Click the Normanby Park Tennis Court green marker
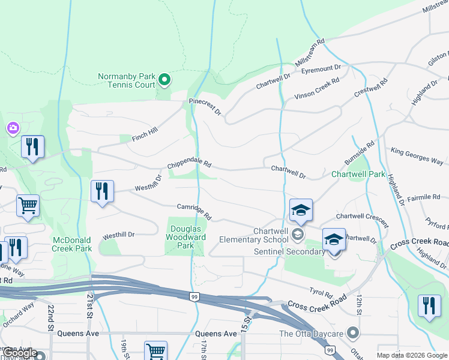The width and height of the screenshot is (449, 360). tap(164, 79)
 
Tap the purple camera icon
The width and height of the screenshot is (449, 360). tap(13, 128)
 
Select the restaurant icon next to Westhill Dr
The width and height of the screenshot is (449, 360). tap(102, 191)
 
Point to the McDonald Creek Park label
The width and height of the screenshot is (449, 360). tap(72, 244)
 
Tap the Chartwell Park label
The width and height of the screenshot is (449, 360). tap(359, 175)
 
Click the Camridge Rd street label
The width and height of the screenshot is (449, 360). tap(194, 211)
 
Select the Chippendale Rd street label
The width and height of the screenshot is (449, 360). tap(189, 164)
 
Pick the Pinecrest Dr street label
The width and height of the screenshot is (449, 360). tap(205, 107)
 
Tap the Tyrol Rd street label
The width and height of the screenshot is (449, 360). tap(321, 293)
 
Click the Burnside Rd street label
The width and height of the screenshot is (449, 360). tap(360, 154)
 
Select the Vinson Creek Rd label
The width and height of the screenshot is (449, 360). tap(316, 88)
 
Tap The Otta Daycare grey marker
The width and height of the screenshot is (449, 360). tap(353, 332)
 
